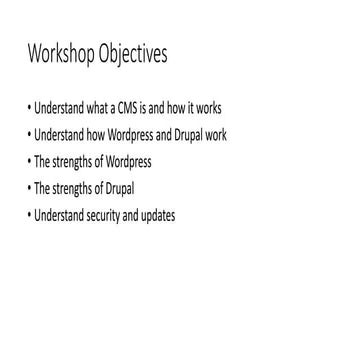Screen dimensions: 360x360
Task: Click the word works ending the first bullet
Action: [x=207, y=108]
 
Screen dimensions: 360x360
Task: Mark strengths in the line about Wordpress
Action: [x=70, y=162]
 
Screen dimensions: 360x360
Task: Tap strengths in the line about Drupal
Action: [x=70, y=189]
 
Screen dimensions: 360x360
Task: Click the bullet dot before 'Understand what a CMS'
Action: [x=30, y=108]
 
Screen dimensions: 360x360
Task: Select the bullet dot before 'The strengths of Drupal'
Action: [x=30, y=189]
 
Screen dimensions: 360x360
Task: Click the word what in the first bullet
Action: [x=96, y=108]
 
